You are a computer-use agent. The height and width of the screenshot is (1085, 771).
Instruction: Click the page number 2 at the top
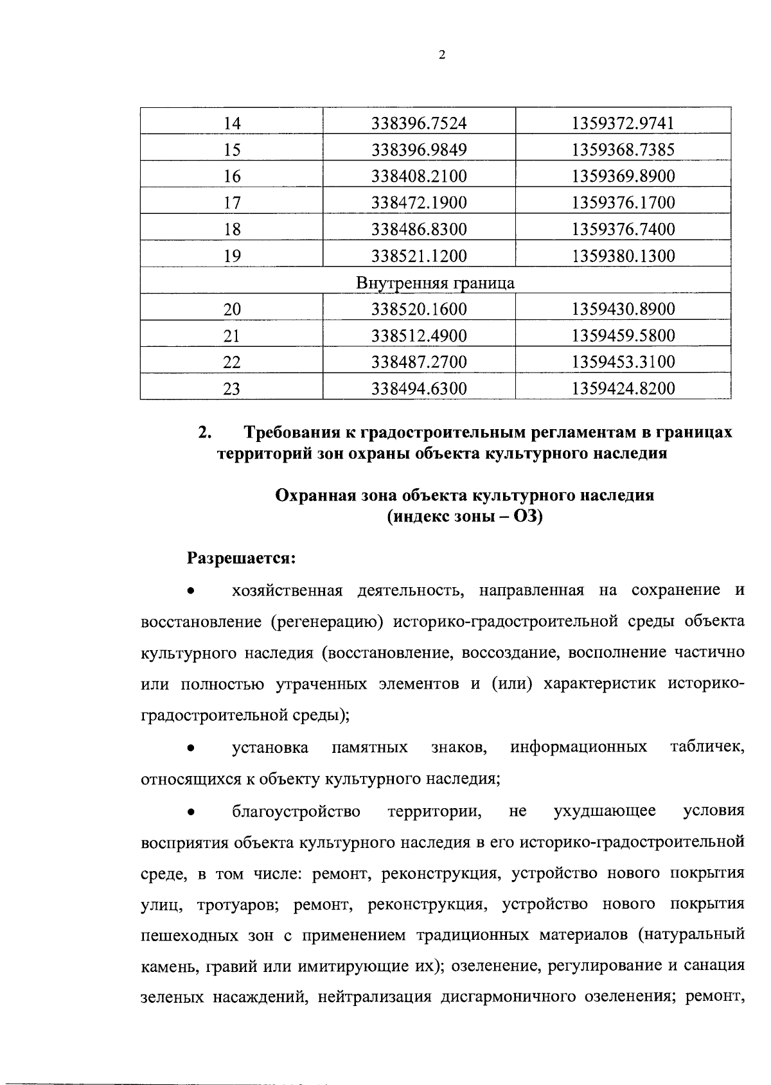[441, 55]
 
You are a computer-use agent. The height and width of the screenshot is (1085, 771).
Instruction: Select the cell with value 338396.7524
[419, 123]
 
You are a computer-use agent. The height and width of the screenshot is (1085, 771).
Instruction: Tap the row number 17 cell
[232, 203]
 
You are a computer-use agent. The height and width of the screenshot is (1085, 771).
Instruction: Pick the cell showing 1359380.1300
[623, 256]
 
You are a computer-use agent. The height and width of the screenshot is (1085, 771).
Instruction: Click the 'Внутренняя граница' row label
[435, 283]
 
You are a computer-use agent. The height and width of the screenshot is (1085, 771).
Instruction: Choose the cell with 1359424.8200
[623, 389]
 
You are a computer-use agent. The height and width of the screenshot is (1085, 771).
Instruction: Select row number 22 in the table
[232, 362]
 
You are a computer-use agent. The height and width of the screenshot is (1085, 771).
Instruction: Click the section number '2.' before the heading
[206, 432]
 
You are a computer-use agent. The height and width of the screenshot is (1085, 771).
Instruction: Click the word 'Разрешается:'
[241, 558]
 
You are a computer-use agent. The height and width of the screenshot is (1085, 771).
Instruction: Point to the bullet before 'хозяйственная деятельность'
[190, 591]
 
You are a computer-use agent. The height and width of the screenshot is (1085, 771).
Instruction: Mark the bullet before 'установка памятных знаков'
[190, 748]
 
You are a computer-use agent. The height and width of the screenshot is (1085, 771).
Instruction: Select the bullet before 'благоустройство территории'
[190, 811]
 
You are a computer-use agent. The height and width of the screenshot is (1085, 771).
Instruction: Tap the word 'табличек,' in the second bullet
[707, 748]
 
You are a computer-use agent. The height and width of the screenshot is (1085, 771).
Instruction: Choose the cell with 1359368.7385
[623, 150]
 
